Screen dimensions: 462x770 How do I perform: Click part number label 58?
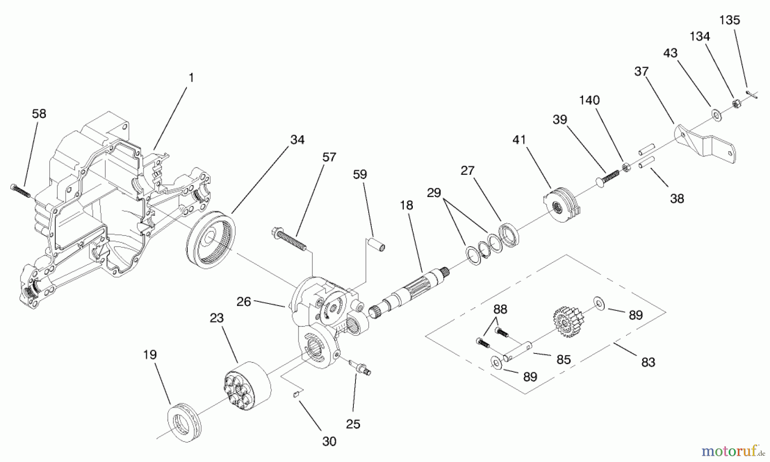[39, 114]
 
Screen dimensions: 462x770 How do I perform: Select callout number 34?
[297, 140]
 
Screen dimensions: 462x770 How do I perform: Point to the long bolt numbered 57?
[289, 240]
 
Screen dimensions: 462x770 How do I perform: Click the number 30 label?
[329, 441]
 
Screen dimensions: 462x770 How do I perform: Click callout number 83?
[648, 362]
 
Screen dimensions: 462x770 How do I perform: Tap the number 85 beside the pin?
[563, 360]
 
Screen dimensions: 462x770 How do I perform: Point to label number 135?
[729, 20]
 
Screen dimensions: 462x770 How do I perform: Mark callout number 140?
[589, 100]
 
